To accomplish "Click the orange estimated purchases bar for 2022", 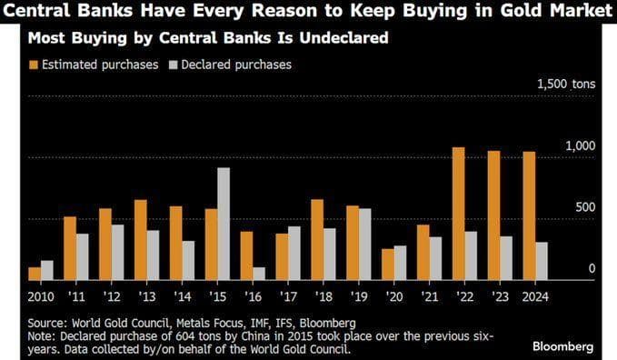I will [458, 214].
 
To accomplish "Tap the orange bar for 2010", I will [35, 273].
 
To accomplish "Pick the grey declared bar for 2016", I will [258, 273].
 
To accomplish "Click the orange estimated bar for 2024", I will [529, 215].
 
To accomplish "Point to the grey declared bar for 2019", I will [364, 244].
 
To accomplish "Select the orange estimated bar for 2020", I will [388, 264].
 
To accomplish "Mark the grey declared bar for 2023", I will [506, 257].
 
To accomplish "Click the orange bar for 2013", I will [141, 239].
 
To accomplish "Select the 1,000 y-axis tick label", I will [580, 145].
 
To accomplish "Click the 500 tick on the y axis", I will [584, 207].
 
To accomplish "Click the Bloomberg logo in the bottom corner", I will [563, 346].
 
